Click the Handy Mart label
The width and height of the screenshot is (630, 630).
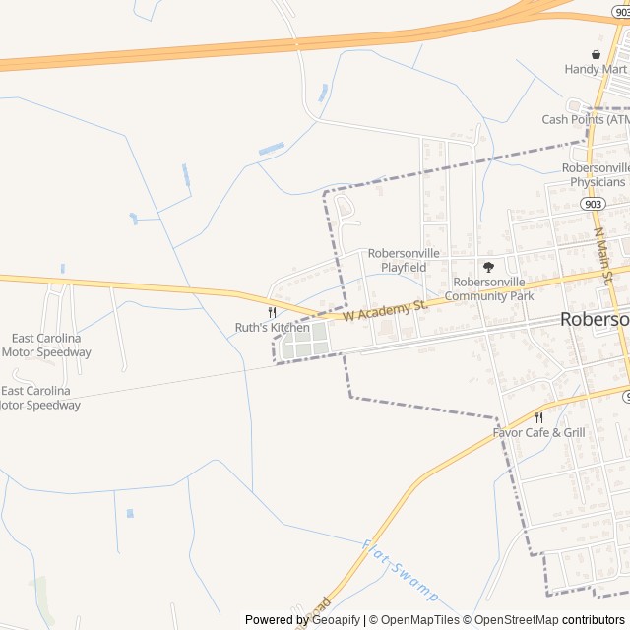point(596,69)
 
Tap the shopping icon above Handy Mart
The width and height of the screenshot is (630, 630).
point(596,54)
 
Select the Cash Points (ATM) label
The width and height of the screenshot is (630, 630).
point(586,119)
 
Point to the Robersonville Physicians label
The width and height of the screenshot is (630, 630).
point(595,175)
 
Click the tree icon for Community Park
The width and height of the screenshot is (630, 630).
point(488,267)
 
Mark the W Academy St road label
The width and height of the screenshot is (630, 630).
point(387,311)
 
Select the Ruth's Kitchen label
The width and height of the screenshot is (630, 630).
point(272,327)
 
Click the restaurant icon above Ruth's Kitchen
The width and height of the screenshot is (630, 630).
point(272,312)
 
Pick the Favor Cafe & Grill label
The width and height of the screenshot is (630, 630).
point(538,432)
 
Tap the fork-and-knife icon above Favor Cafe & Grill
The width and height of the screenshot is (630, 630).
point(538,417)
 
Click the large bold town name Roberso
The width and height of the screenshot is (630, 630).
point(595,319)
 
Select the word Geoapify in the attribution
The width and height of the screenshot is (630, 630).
point(335,620)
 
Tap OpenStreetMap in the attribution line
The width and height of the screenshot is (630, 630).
point(512,620)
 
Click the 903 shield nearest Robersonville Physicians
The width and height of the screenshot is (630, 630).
point(593,204)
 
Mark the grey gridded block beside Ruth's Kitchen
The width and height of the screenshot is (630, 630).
point(305,345)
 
